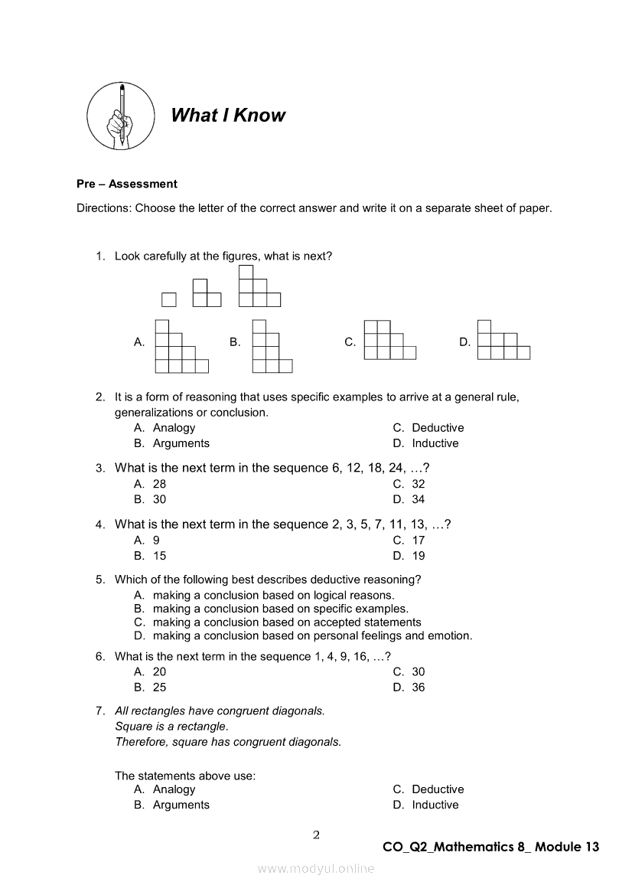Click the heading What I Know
[x=227, y=116]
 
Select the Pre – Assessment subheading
[x=126, y=184]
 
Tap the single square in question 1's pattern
[x=168, y=299]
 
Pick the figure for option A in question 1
[x=181, y=346]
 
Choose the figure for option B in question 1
[x=272, y=346]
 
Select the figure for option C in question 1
[x=389, y=340]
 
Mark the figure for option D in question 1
[x=503, y=340]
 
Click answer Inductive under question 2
[x=435, y=443]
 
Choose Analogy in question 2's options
[x=174, y=428]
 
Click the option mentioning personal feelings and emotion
[x=312, y=635]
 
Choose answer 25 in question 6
[x=159, y=688]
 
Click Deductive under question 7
[x=438, y=789]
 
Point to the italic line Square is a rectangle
[x=171, y=726]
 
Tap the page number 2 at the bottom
[x=316, y=835]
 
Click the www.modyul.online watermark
[x=316, y=868]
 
